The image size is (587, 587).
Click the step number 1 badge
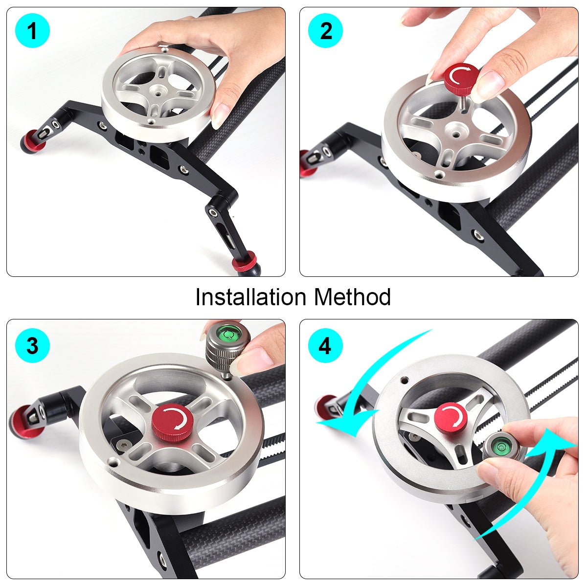tap(32, 30)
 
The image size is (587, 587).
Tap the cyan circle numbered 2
tap(326, 30)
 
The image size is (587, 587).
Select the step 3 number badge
tap(32, 346)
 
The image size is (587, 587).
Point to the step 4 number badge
tap(326, 346)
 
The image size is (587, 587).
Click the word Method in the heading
tap(352, 297)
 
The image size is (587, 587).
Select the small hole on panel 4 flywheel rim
tap(405, 380)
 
